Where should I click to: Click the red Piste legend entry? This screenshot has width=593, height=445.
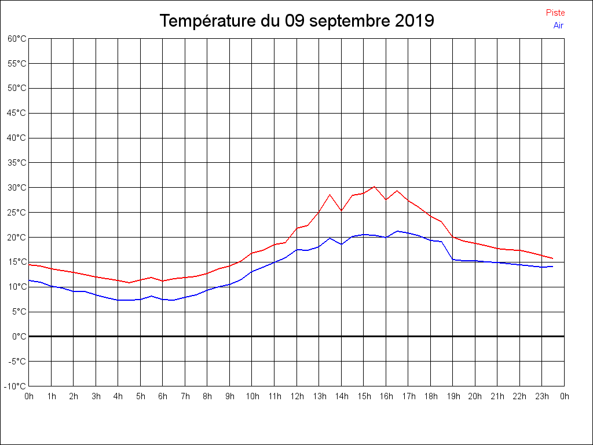pos(555,13)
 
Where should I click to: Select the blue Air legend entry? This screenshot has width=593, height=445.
pos(558,25)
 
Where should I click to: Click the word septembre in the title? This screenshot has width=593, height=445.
pos(351,21)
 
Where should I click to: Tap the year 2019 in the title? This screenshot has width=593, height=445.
pos(415,21)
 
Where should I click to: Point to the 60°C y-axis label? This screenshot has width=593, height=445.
pos(17,39)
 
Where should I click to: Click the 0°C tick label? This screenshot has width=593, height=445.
pos(19,336)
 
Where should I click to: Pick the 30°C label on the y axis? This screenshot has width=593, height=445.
pos(17,188)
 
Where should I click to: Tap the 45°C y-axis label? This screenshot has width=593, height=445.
pos(17,113)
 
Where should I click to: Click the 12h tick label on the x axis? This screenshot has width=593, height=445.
pos(296,396)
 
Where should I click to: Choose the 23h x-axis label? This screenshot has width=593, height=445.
pos(542,396)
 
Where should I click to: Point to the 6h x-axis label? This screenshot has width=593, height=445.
pos(163,396)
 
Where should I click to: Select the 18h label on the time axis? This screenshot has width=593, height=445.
pos(430,396)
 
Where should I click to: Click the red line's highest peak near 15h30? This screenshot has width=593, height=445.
pos(375,187)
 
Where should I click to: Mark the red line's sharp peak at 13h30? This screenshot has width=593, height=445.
pos(330,195)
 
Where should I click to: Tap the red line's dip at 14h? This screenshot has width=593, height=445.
pos(341,210)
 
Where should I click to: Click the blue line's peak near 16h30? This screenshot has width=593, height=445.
pos(397,231)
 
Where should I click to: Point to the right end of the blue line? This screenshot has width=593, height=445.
pos(553,267)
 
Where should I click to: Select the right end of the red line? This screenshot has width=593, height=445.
pos(553,258)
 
